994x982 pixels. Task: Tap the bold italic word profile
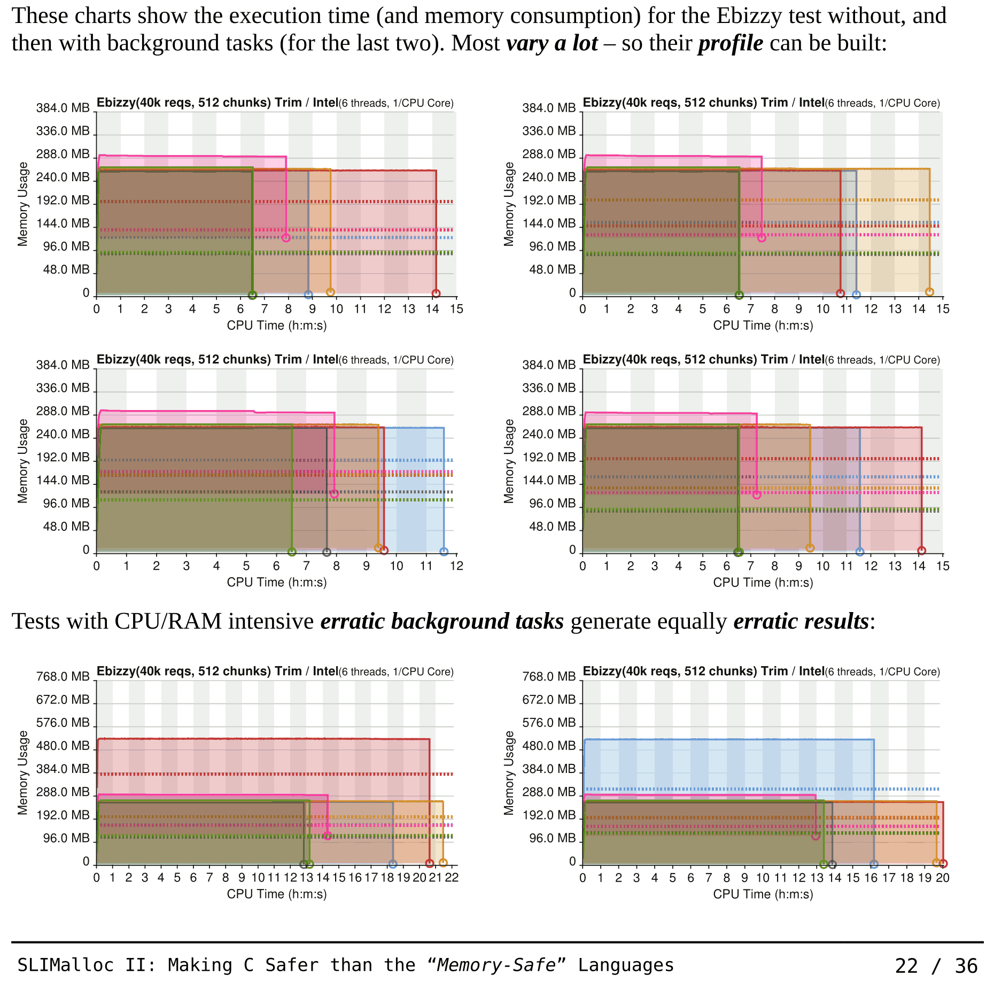731,43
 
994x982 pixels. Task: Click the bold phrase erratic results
801,622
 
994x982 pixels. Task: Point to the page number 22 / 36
936,966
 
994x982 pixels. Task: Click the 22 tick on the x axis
452,878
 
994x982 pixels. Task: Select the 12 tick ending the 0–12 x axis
456,566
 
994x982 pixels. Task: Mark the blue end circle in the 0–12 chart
444,552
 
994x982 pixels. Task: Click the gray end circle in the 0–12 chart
327,552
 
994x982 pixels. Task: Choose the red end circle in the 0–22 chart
429,863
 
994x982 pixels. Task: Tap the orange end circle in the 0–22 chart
442,862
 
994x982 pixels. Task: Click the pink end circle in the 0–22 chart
328,836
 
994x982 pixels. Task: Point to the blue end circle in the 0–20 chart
874,864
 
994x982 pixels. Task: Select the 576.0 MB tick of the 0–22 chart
63,723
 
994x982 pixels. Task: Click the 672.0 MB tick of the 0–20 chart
549,700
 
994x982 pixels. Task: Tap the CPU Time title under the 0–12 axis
276,582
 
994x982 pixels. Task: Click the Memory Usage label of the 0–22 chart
22,772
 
